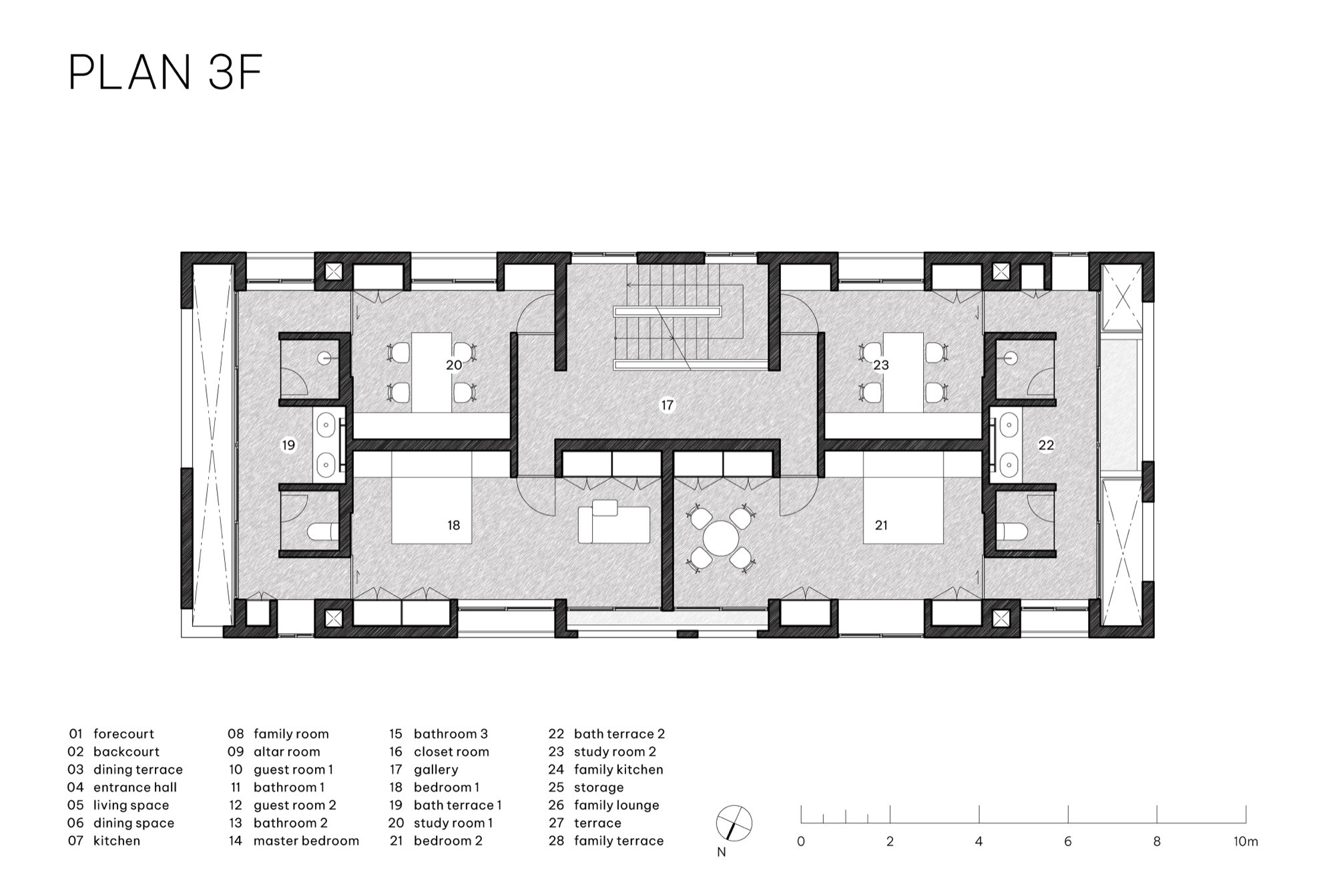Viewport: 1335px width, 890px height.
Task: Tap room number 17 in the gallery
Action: (667, 405)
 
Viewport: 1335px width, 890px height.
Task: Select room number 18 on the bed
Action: (454, 525)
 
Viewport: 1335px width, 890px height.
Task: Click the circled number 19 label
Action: (288, 445)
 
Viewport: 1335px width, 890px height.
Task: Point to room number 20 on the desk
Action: (454, 365)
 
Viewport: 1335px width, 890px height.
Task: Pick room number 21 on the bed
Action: (881, 525)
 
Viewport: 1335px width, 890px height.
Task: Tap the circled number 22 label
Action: (1046, 445)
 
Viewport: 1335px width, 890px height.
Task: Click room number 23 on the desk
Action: (881, 365)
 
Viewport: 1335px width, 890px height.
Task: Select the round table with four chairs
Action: (721, 538)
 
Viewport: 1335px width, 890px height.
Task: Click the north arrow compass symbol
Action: (734, 823)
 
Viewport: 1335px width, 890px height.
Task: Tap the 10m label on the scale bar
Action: (1246, 841)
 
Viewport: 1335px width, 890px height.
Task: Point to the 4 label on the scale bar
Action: (979, 841)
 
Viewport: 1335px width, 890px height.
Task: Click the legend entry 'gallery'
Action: (436, 770)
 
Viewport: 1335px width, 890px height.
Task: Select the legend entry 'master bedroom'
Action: (306, 841)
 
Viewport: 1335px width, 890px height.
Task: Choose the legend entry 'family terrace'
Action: (619, 841)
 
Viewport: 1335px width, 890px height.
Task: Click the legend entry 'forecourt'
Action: (123, 734)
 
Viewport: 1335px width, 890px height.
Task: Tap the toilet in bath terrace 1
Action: (323, 532)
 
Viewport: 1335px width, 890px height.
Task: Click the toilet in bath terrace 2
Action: (1012, 532)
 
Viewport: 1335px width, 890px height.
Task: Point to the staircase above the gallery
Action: (667, 318)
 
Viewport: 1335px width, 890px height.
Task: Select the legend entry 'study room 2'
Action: (615, 752)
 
